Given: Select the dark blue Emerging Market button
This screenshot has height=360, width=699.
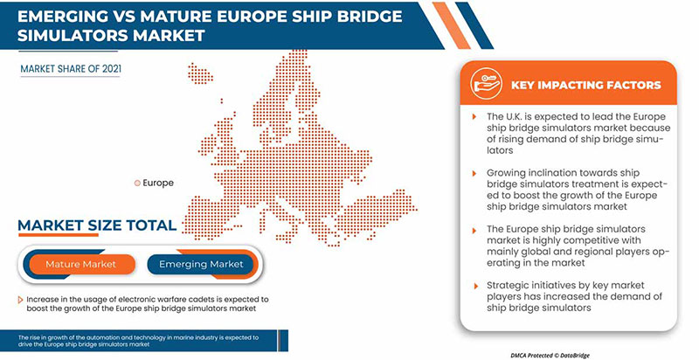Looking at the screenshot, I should [202, 264].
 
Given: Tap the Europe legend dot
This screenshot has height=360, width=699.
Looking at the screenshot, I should [136, 183].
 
